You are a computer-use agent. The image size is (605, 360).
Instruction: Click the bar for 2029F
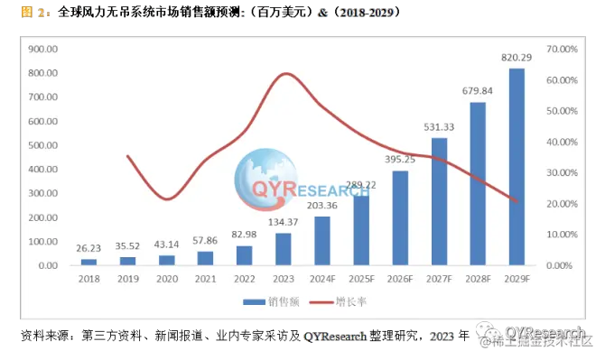[517, 167]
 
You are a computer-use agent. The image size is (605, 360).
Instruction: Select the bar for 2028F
[478, 184]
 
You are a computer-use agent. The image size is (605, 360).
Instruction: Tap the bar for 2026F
[400, 218]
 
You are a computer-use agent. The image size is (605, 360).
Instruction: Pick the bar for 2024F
[322, 241]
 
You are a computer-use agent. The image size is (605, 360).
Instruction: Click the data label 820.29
[517, 58]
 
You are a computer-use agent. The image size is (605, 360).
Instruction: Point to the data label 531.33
[439, 127]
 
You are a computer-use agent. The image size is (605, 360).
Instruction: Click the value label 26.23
[88, 249]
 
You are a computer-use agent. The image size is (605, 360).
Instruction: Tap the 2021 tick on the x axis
[205, 281]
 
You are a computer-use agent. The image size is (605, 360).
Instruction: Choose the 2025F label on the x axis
[361, 281]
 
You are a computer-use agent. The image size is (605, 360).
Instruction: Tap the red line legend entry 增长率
[336, 302]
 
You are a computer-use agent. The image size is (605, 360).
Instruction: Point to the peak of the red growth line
[284, 74]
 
